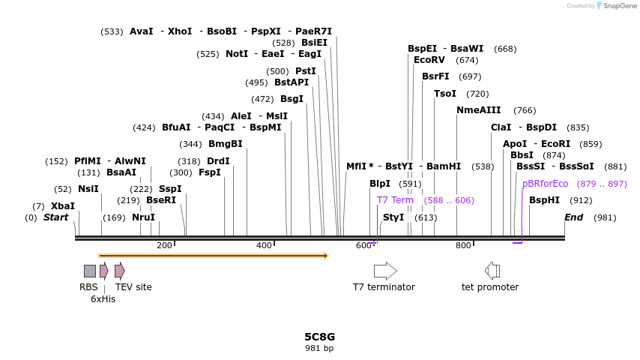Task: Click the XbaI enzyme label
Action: pyautogui.click(x=63, y=206)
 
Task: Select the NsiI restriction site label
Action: pyautogui.click(x=88, y=189)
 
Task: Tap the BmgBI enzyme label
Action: pyautogui.click(x=226, y=144)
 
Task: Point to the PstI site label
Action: pyautogui.click(x=306, y=71)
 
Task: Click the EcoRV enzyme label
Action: pyautogui.click(x=429, y=60)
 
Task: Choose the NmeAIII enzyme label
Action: pyautogui.click(x=479, y=110)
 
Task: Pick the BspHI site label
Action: pyautogui.click(x=545, y=200)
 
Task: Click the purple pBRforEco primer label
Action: pyautogui.click(x=546, y=184)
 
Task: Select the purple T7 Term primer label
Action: pyautogui.click(x=395, y=200)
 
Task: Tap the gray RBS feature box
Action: pyautogui.click(x=90, y=271)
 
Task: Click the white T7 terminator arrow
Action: pyautogui.click(x=385, y=271)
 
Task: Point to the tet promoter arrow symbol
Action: pyautogui.click(x=492, y=271)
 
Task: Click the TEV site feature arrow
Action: pyautogui.click(x=120, y=271)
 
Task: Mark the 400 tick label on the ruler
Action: pyautogui.click(x=264, y=246)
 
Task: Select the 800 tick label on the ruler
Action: pyautogui.click(x=463, y=246)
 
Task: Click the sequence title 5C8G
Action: pyautogui.click(x=320, y=337)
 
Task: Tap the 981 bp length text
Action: pyautogui.click(x=320, y=348)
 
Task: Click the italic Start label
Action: pyautogui.click(x=55, y=217)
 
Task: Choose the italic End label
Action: pyautogui.click(x=573, y=217)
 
